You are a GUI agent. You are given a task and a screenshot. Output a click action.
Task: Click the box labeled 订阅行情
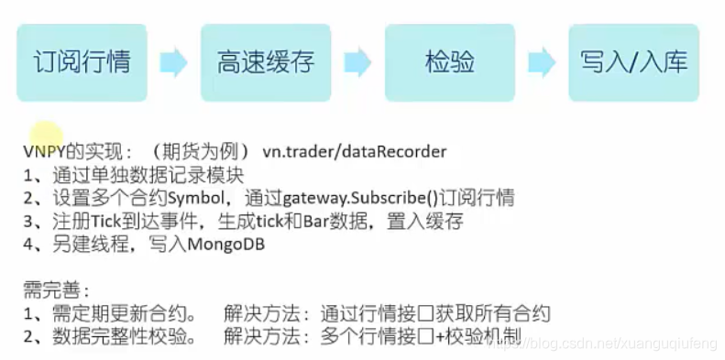click(82, 62)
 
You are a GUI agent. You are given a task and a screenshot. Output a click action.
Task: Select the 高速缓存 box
click(266, 62)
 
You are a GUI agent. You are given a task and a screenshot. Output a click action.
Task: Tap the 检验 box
click(449, 62)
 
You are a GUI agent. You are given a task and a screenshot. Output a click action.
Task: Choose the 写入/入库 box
click(633, 62)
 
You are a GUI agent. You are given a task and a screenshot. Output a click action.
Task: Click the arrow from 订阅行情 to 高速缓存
click(173, 62)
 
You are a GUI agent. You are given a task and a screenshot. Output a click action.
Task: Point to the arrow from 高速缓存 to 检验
click(357, 62)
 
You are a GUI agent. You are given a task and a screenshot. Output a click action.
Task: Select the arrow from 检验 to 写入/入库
click(542, 62)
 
